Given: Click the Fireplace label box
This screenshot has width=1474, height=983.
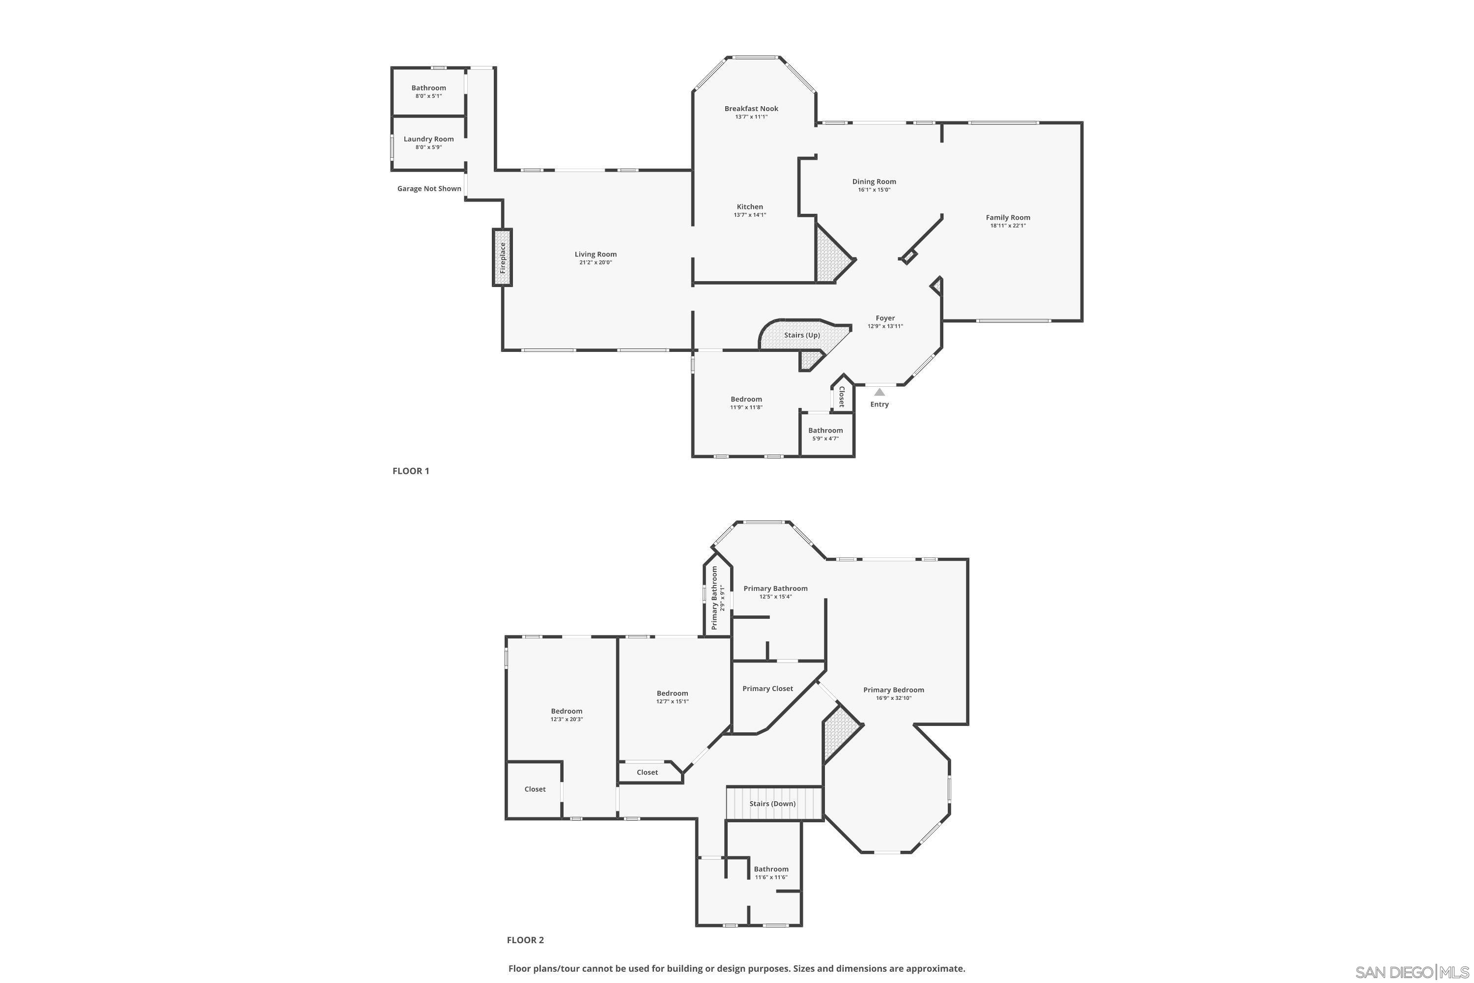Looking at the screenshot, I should [502, 258].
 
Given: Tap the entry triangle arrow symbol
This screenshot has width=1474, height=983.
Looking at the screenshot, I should [879, 392].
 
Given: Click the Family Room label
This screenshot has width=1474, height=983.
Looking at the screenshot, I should [1007, 218].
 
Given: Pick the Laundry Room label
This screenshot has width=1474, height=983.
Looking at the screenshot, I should [428, 139].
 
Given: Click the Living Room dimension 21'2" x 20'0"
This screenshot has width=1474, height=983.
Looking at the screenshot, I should [595, 262].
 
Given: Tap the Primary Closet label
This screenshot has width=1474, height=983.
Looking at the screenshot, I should [767, 689].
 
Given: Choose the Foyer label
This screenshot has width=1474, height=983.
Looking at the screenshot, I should [885, 318].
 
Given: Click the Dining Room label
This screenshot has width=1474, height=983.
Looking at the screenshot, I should [874, 182].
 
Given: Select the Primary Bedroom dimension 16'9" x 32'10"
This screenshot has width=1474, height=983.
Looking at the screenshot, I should [893, 698].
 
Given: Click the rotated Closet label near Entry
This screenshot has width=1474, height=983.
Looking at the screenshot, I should [842, 397].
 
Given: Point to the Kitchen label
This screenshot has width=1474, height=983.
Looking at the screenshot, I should [750, 207].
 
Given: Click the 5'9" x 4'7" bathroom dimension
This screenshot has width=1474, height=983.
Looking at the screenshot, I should [825, 439].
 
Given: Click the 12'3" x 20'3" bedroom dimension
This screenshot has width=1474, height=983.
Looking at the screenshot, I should [567, 720].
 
